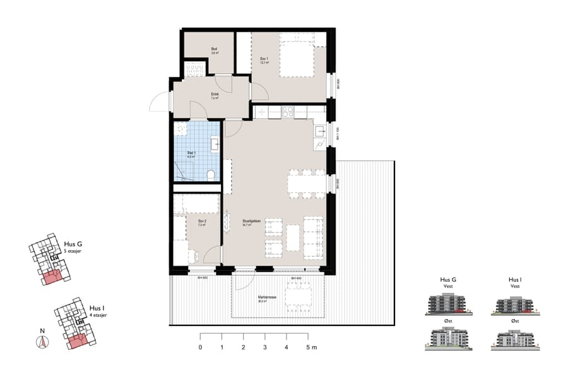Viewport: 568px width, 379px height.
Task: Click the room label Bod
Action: point(215,51)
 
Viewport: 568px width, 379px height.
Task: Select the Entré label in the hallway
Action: point(215,96)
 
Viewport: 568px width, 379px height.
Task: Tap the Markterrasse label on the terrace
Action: point(263,299)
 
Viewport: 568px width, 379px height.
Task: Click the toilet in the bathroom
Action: point(211,174)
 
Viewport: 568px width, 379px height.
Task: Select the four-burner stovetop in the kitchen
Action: point(287,112)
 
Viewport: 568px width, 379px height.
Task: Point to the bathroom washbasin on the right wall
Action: point(215,144)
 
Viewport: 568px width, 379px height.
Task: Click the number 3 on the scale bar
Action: point(265,347)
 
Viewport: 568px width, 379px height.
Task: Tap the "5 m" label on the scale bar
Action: point(311,347)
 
